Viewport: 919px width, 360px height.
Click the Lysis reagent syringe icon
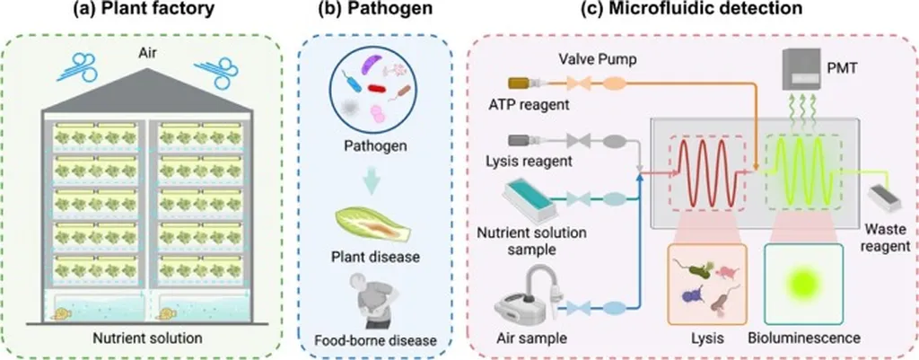521,140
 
